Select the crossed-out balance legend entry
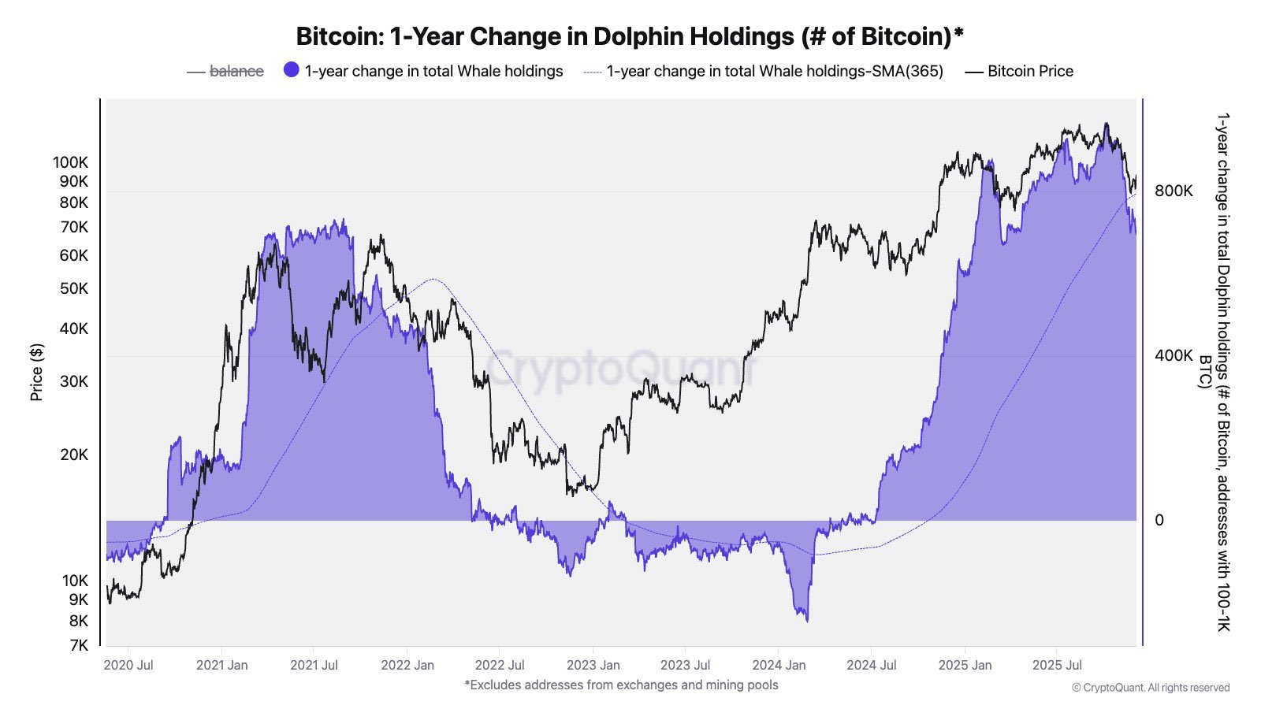pos(236,71)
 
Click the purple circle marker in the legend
pos(292,70)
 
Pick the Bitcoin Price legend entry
pos(1029,71)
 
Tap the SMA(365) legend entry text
pos(774,71)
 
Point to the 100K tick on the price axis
pos(71,162)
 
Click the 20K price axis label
pos(74,455)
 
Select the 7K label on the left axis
pos(79,645)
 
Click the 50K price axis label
pos(74,288)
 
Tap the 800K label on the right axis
pos(1174,191)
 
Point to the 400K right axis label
pos(1174,355)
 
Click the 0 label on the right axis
pos(1159,520)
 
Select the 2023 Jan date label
pos(593,665)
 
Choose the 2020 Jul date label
pos(128,665)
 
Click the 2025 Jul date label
pos(1057,665)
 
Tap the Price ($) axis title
pos(36,372)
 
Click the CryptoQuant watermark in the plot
pos(619,369)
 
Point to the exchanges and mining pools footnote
pos(621,685)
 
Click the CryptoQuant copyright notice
pos(1151,688)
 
